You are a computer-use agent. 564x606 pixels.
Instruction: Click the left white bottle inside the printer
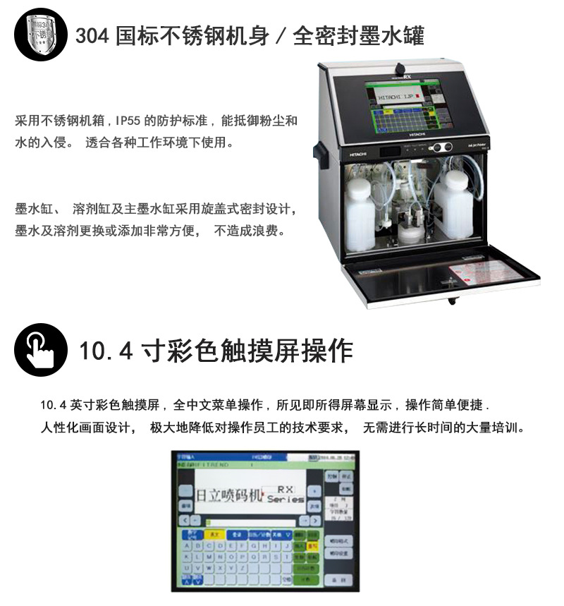click(360, 214)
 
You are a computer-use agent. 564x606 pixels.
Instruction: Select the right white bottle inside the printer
click(453, 205)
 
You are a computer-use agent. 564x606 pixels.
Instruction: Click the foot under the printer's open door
click(452, 301)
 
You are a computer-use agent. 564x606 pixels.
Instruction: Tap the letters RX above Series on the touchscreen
click(285, 487)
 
